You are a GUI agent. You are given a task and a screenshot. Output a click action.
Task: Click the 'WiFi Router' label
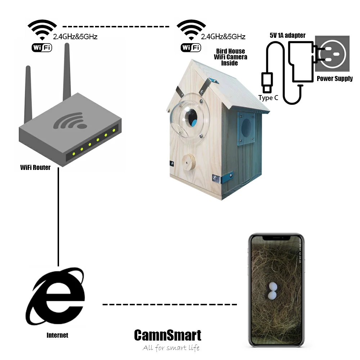pyautogui.click(x=35, y=167)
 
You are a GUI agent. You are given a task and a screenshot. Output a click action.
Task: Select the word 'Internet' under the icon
pyautogui.click(x=57, y=335)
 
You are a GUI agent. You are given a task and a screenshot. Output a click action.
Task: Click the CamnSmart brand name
pyautogui.click(x=167, y=335)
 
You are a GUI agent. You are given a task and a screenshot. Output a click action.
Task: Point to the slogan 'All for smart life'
pyautogui.click(x=171, y=348)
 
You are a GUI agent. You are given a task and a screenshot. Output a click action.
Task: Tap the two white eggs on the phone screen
pyautogui.click(x=273, y=291)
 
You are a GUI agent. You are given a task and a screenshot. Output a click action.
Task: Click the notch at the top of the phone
pyautogui.click(x=276, y=238)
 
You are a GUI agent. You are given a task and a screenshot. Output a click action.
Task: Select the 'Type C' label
pyautogui.click(x=268, y=98)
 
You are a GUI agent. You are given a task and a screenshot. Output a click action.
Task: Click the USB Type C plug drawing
pyautogui.click(x=266, y=82)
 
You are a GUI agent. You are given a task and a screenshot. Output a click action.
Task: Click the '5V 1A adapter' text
pyautogui.click(x=288, y=35)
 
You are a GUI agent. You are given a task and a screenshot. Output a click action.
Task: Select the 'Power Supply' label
pyautogui.click(x=334, y=78)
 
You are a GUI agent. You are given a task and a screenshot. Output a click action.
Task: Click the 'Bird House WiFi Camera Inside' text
pyautogui.click(x=231, y=57)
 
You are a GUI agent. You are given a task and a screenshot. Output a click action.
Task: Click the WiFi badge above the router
pyautogui.click(x=42, y=47)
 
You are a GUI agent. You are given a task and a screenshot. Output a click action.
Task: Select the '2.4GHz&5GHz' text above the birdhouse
pyautogui.click(x=223, y=36)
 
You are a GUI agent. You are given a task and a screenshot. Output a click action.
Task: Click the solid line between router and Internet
pyautogui.click(x=58, y=216)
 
